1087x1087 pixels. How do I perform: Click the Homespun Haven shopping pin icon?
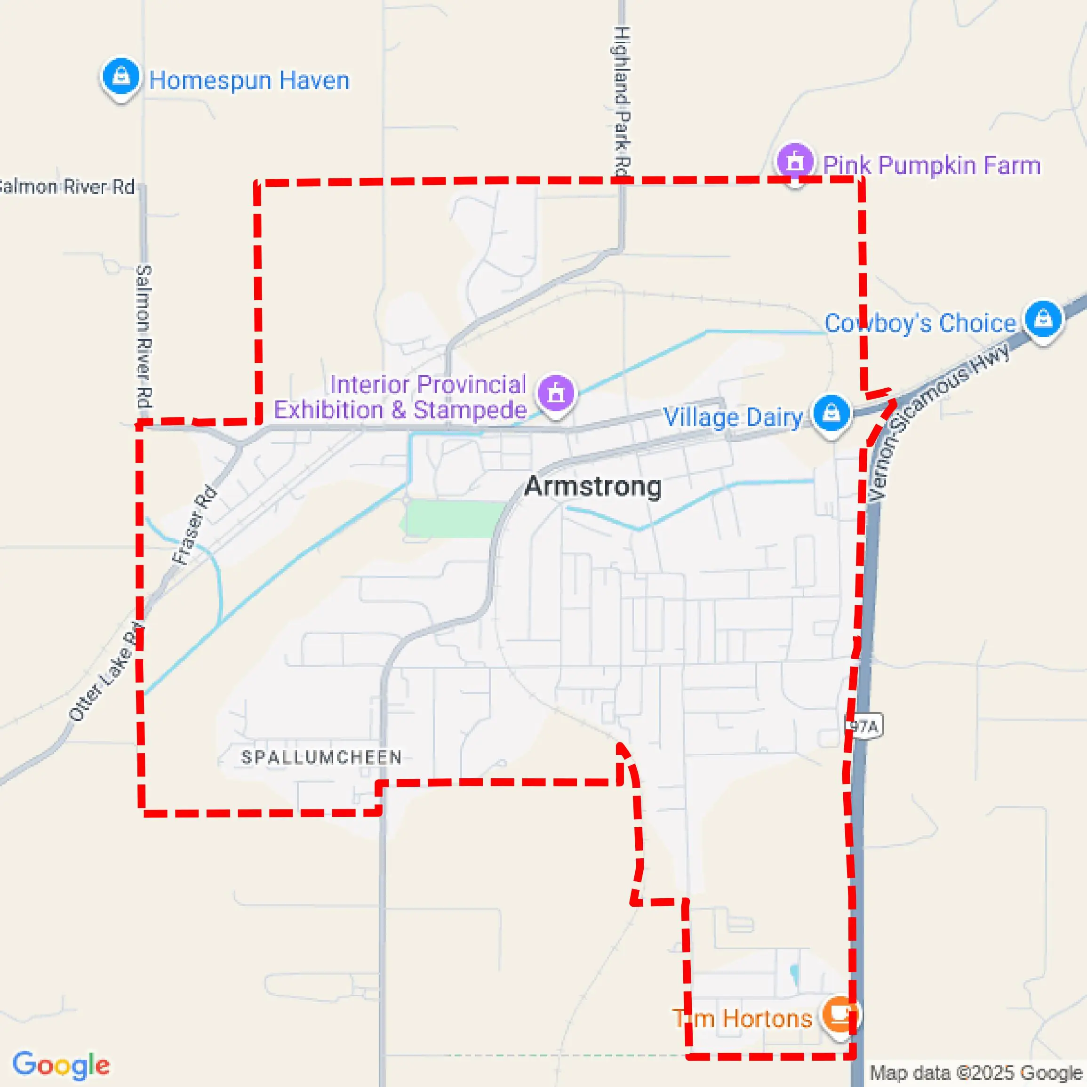pyautogui.click(x=120, y=77)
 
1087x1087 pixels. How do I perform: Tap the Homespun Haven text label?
pyautogui.click(x=248, y=80)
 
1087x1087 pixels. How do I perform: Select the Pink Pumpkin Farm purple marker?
pyautogui.click(x=794, y=161)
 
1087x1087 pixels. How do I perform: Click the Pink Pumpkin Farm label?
pyautogui.click(x=931, y=166)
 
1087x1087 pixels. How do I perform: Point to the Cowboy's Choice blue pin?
pyautogui.click(x=1043, y=319)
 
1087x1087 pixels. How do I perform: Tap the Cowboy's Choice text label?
pyautogui.click(x=920, y=324)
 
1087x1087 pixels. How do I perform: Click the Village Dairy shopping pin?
pyautogui.click(x=831, y=414)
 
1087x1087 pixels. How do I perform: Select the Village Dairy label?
pyautogui.click(x=733, y=417)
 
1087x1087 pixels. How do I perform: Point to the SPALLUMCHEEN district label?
pyautogui.click(x=321, y=757)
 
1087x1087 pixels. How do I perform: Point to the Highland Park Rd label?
pyautogui.click(x=621, y=101)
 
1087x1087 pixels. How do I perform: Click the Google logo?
pyautogui.click(x=61, y=1064)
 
